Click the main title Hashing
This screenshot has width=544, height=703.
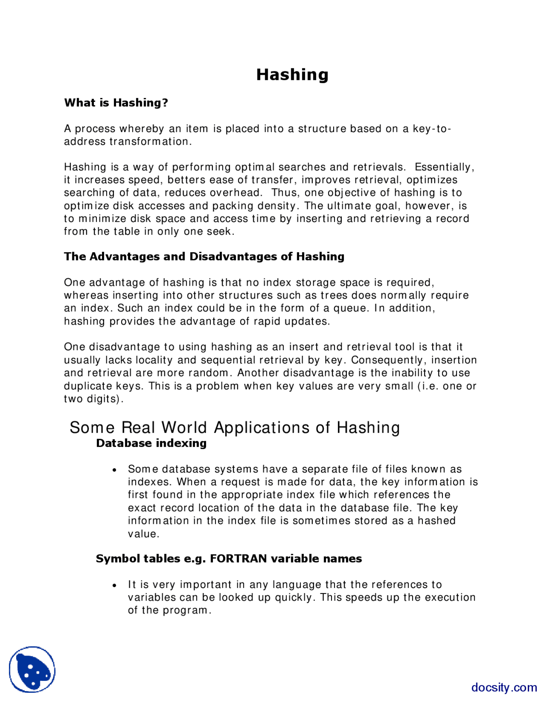click(x=292, y=75)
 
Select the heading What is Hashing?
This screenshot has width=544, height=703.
click(x=116, y=103)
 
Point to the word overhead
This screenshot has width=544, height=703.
click(x=236, y=193)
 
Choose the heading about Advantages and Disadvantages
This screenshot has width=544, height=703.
click(x=204, y=256)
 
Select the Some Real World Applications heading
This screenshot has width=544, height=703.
click(x=235, y=427)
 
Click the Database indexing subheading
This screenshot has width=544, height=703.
click(x=151, y=443)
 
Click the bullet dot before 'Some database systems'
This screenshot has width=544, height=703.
click(x=114, y=470)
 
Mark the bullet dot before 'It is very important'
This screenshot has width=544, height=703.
click(x=114, y=585)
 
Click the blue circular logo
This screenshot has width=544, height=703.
click(x=32, y=669)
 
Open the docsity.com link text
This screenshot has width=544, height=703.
click(x=504, y=687)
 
